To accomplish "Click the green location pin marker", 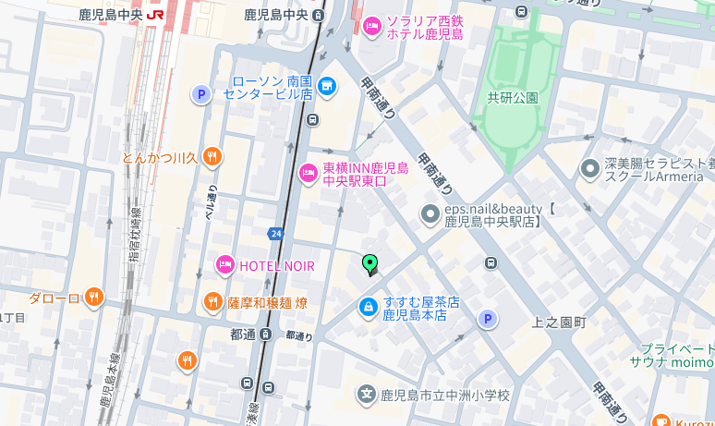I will pyautogui.click(x=370, y=265).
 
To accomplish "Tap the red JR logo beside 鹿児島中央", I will pyautogui.click(x=155, y=15).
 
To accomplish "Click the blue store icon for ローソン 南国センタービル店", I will pyautogui.click(x=325, y=87).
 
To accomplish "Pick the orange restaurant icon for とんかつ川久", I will pyautogui.click(x=212, y=156).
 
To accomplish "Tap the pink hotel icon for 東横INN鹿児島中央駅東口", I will pyautogui.click(x=309, y=173).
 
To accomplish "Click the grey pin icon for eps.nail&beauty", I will pyautogui.click(x=430, y=214).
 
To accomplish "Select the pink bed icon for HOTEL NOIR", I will pyautogui.click(x=224, y=266).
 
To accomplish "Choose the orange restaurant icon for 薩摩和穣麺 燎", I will pyautogui.click(x=212, y=302).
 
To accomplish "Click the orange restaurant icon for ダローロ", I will pyautogui.click(x=93, y=298).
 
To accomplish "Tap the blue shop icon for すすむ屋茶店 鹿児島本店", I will pyautogui.click(x=368, y=307).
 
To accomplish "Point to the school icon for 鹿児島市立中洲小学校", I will pyautogui.click(x=368, y=396).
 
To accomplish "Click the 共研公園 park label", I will pyautogui.click(x=513, y=97).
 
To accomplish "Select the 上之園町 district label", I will pyautogui.click(x=559, y=323).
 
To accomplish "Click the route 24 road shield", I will pyautogui.click(x=275, y=233).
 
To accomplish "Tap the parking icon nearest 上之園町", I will pyautogui.click(x=487, y=319).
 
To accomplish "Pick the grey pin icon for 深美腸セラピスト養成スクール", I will pyautogui.click(x=589, y=169).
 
